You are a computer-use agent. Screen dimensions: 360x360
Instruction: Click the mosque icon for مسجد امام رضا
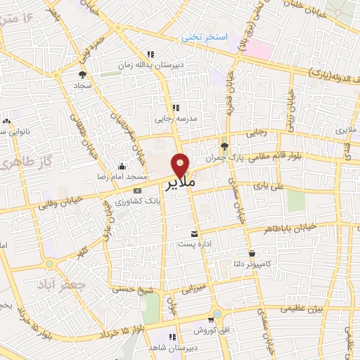(x=122, y=167)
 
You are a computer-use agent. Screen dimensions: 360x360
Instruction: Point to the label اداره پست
(x=196, y=245)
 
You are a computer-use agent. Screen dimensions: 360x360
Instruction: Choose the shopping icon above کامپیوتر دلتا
(x=252, y=253)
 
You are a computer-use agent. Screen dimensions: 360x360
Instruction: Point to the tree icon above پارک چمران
(x=224, y=146)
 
